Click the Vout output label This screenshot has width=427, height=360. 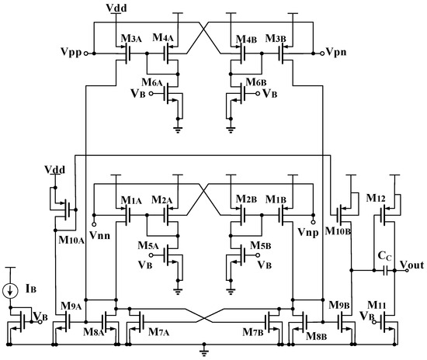click(x=412, y=264)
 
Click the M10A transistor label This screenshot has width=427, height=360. click(x=71, y=239)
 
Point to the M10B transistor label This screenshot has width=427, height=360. click(x=335, y=228)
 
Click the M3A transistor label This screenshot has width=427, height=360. click(x=130, y=38)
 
